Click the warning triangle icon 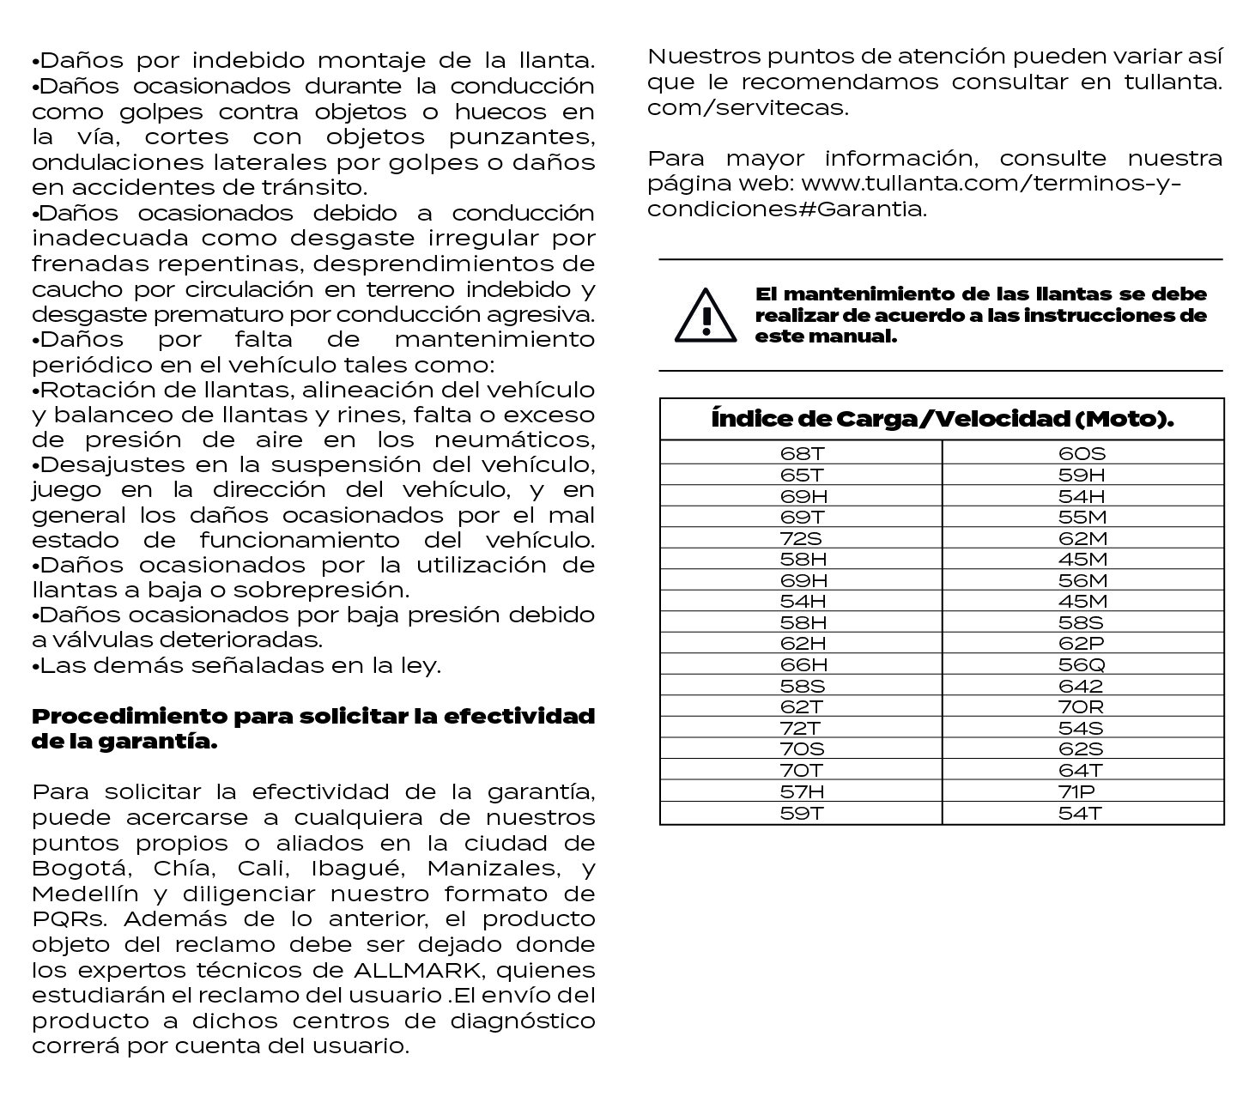pos(706,315)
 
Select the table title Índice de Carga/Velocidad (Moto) pos(942,420)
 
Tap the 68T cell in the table pos(802,453)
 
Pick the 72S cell pos(802,538)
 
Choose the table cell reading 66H pos(803,664)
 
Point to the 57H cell pos(803,791)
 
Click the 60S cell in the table pos(1082,453)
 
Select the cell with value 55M pos(1082,517)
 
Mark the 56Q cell pos(1082,664)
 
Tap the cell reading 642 pos(1082,686)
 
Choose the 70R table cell pos(1082,707)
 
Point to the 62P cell pos(1082,644)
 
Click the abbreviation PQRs pos(69,919)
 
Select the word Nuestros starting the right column pos(700,58)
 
